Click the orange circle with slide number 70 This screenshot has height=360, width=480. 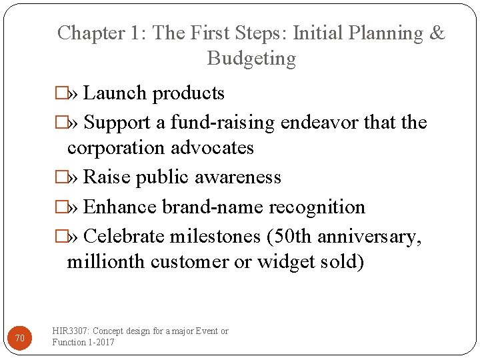pyautogui.click(x=20, y=339)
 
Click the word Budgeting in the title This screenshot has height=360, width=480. pyautogui.click(x=251, y=59)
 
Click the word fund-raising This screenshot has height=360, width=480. pyautogui.click(x=223, y=123)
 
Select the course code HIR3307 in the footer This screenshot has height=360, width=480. pyautogui.click(x=71, y=331)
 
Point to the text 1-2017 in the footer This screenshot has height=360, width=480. pyautogui.click(x=101, y=342)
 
